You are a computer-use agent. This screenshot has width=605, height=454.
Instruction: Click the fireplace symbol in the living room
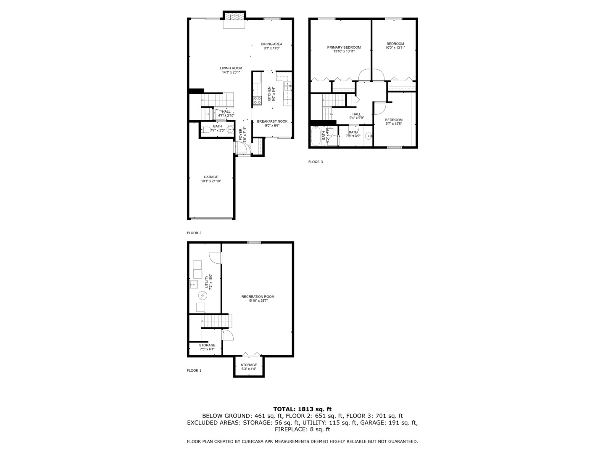(x=234, y=16)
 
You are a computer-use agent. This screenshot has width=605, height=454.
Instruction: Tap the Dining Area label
(x=271, y=44)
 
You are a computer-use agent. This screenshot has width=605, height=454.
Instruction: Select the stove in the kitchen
(x=257, y=100)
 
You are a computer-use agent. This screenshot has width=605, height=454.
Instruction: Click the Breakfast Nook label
(x=272, y=121)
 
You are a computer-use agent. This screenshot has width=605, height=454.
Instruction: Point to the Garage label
(x=211, y=177)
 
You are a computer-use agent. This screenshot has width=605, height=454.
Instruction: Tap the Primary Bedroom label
(x=344, y=48)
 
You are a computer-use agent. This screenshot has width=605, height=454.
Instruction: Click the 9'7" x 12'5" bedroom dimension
(x=394, y=124)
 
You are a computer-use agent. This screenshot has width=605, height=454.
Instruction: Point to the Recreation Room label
(x=258, y=297)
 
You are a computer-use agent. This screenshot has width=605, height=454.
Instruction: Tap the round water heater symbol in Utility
(x=202, y=296)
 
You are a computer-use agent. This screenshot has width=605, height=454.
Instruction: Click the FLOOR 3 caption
(x=316, y=161)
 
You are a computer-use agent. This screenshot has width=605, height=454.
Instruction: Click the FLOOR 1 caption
(x=194, y=370)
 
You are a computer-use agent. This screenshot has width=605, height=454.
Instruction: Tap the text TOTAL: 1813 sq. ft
(x=302, y=409)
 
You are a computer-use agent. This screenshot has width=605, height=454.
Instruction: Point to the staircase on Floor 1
(x=216, y=321)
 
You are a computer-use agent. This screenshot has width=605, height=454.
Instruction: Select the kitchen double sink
(x=288, y=86)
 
